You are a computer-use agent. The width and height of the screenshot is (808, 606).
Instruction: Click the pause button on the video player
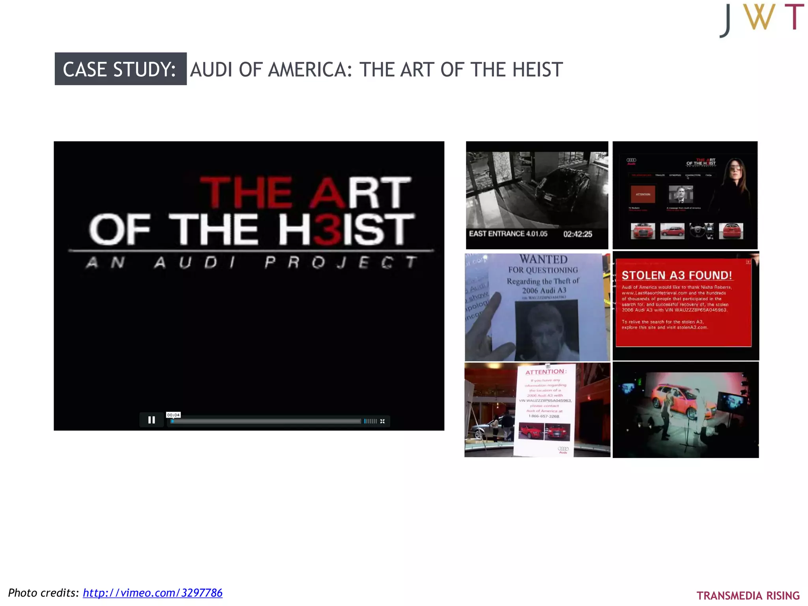tap(151, 420)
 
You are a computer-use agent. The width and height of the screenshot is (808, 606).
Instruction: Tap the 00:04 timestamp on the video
tap(173, 415)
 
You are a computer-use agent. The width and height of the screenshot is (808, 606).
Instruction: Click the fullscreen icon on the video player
tap(382, 421)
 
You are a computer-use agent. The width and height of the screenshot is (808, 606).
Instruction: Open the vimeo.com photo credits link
tap(152, 593)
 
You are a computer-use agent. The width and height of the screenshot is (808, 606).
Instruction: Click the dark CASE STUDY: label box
tap(120, 69)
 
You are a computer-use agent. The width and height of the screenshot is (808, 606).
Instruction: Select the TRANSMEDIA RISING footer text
tap(748, 595)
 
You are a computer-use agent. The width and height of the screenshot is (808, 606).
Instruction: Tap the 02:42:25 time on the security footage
tap(578, 234)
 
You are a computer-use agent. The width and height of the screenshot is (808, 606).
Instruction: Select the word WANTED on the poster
tap(543, 259)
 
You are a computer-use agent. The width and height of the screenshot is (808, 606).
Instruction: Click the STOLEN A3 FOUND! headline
tap(677, 275)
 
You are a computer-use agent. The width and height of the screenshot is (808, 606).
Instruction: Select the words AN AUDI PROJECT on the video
tap(251, 262)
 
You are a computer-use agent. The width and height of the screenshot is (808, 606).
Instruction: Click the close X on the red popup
tap(748, 262)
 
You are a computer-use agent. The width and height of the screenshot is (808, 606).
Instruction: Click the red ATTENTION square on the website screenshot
tap(643, 194)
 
